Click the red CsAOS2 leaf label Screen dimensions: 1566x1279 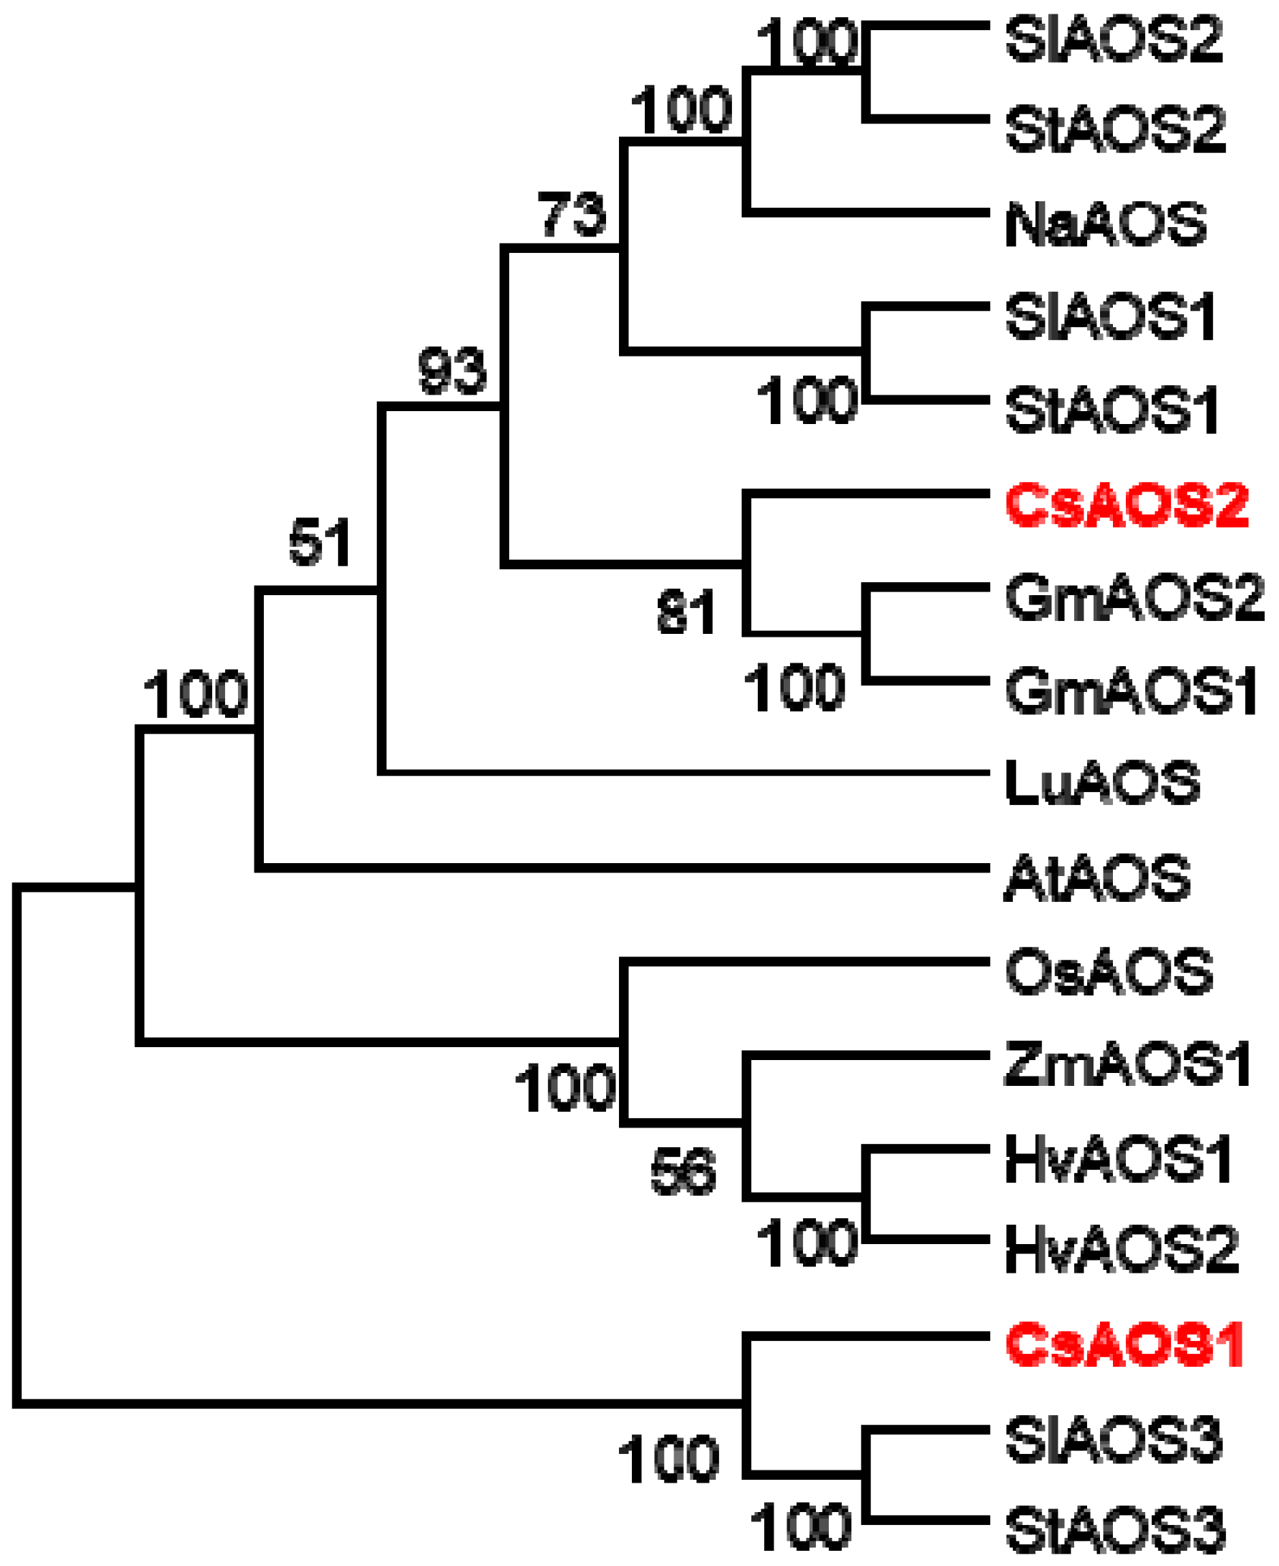[x=1127, y=505]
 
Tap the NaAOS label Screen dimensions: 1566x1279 [x=1106, y=224]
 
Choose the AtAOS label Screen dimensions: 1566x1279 [x=1097, y=878]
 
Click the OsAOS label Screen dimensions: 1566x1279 [x=1109, y=972]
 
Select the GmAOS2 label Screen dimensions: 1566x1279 [x=1134, y=597]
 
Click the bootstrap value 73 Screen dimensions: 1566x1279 [x=572, y=214]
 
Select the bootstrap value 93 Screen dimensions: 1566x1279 [x=451, y=371]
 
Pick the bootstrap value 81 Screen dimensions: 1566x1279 [x=686, y=612]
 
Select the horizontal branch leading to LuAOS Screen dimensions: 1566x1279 [x=685, y=772]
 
